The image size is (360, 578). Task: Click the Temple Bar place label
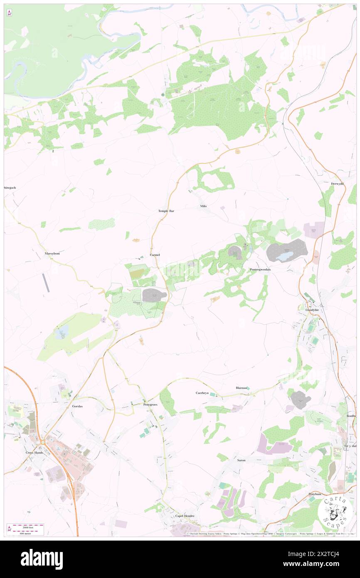click(x=166, y=211)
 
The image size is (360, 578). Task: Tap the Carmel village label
click(x=155, y=254)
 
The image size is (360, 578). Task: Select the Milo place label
click(x=203, y=206)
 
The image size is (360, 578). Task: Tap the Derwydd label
click(x=337, y=184)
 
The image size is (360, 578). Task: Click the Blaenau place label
click(x=242, y=388)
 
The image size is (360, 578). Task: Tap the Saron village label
click(x=241, y=460)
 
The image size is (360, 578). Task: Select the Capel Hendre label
click(x=184, y=516)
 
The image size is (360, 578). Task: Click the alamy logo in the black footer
click(x=42, y=559)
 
